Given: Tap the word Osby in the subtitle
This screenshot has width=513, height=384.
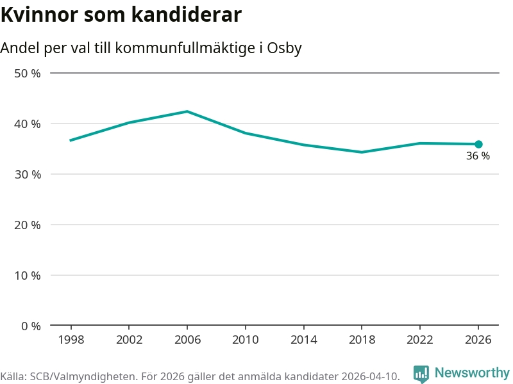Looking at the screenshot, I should pyautogui.click(x=284, y=48).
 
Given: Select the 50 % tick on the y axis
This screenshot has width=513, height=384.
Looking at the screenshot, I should pyautogui.click(x=27, y=73).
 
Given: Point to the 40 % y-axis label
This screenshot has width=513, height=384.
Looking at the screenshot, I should pyautogui.click(x=27, y=124).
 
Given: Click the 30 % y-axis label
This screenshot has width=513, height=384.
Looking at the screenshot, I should pyautogui.click(x=27, y=174).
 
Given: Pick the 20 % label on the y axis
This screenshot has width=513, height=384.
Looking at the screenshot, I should pyautogui.click(x=27, y=225).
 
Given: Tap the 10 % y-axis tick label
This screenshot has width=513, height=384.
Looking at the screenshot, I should pyautogui.click(x=27, y=275).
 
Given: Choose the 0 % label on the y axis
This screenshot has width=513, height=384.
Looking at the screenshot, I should pyautogui.click(x=30, y=326).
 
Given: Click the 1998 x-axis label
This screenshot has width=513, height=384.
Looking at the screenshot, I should pyautogui.click(x=71, y=340).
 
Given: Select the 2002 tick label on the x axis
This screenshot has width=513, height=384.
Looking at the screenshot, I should pyautogui.click(x=129, y=340).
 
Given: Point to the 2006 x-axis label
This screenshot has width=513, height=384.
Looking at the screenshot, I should pyautogui.click(x=187, y=340).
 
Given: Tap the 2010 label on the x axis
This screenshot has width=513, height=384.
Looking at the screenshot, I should pyautogui.click(x=245, y=340).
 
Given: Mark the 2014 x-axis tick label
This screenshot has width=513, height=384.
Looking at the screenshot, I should pyautogui.click(x=303, y=340).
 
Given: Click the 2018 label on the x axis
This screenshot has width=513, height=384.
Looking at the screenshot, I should pyautogui.click(x=362, y=340).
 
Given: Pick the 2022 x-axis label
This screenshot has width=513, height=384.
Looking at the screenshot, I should pyautogui.click(x=420, y=340).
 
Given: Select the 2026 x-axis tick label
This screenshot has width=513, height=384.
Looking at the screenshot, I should pyautogui.click(x=478, y=340).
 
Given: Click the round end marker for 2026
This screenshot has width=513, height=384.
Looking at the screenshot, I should pyautogui.click(x=478, y=144).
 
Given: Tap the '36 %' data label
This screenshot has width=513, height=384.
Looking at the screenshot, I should pyautogui.click(x=478, y=156).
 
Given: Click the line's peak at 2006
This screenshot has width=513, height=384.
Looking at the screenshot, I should pyautogui.click(x=187, y=111).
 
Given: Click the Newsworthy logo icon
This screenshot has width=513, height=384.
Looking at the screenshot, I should pyautogui.click(x=421, y=373).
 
